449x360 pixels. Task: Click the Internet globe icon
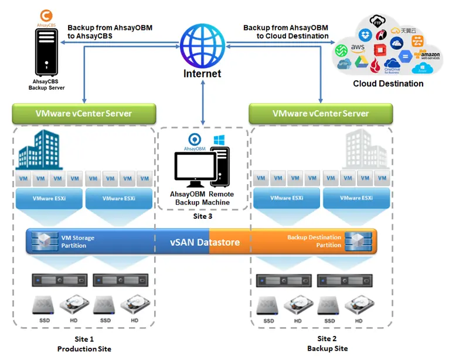click(202, 44)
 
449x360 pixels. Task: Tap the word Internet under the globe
click(202, 74)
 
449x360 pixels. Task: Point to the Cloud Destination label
click(388, 84)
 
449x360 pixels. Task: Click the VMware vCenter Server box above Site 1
click(84, 113)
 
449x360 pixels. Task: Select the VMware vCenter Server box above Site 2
click(321, 113)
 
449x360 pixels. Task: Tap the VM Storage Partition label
click(78, 242)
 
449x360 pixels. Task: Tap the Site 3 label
click(202, 216)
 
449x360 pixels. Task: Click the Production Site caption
click(84, 349)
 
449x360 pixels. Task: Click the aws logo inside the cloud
click(358, 47)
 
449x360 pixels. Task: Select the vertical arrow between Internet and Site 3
click(203, 103)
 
